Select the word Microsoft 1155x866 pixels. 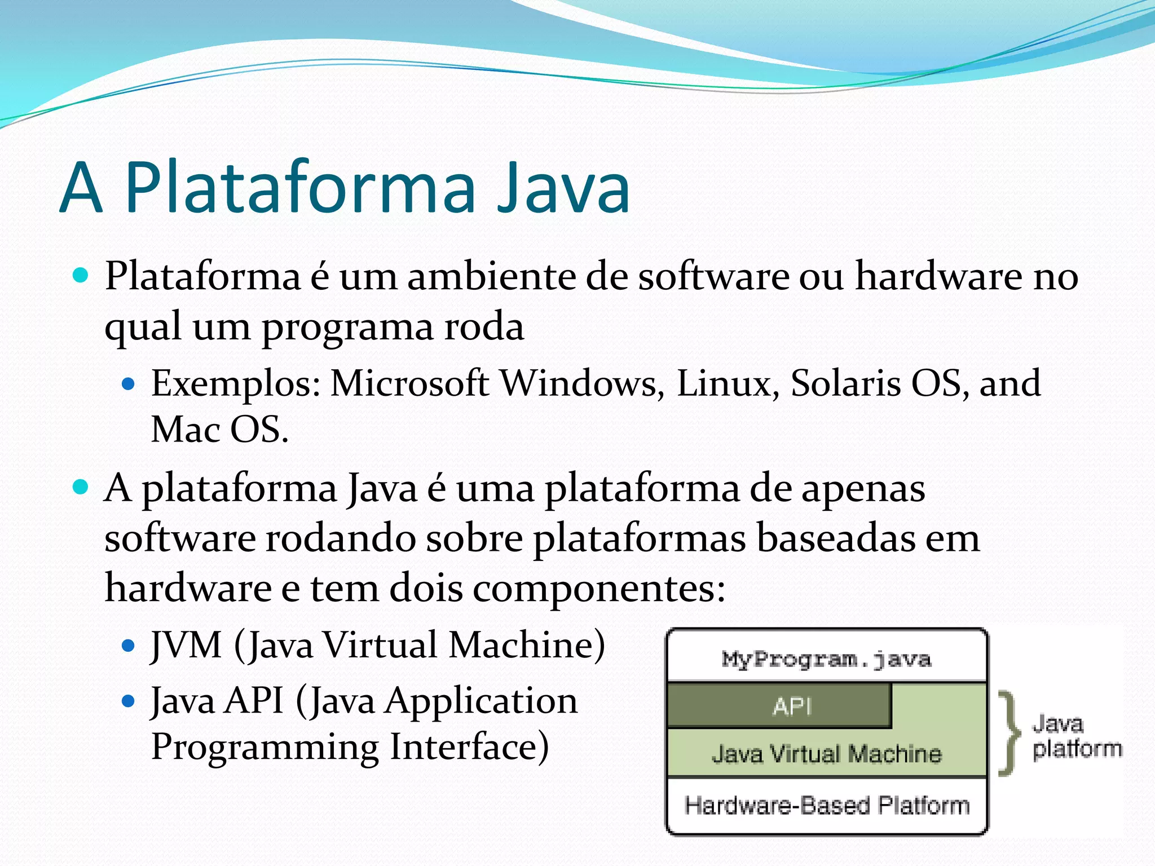(409, 383)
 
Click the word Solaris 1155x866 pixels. (846, 383)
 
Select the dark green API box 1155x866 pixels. (779, 705)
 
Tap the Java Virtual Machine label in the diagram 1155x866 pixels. (826, 754)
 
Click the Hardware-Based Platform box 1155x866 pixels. (826, 805)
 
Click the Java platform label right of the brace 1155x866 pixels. (1077, 736)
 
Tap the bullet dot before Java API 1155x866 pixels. (129, 701)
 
